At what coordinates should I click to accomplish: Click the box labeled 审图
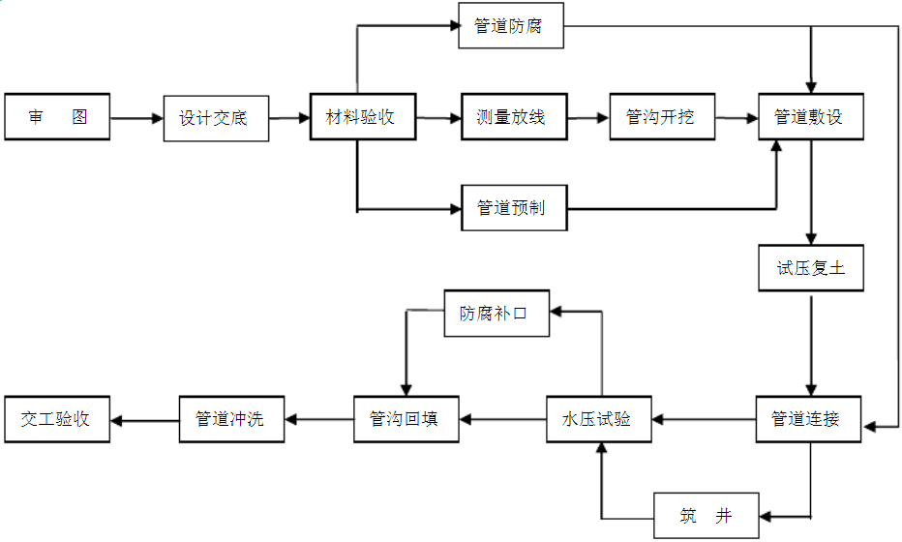(x=57, y=117)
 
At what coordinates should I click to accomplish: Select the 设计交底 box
(x=215, y=118)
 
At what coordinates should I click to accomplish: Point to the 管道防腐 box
(x=510, y=26)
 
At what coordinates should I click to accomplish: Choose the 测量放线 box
(x=513, y=117)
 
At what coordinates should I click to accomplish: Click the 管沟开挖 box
(x=662, y=117)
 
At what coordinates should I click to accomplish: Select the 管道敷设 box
(x=810, y=117)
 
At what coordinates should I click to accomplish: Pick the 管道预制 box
(x=513, y=208)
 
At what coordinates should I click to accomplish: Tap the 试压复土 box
(x=810, y=268)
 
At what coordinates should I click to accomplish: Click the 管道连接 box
(x=808, y=419)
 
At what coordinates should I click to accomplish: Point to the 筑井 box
(x=707, y=516)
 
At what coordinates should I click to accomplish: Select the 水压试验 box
(x=598, y=419)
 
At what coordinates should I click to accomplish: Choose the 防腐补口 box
(x=496, y=314)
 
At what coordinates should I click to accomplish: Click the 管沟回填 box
(x=406, y=419)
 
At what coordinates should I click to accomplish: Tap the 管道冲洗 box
(x=231, y=419)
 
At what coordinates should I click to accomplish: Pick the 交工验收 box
(x=57, y=419)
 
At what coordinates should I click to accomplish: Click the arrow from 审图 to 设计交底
(x=136, y=119)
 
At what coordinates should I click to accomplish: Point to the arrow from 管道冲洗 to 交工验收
(x=145, y=420)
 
